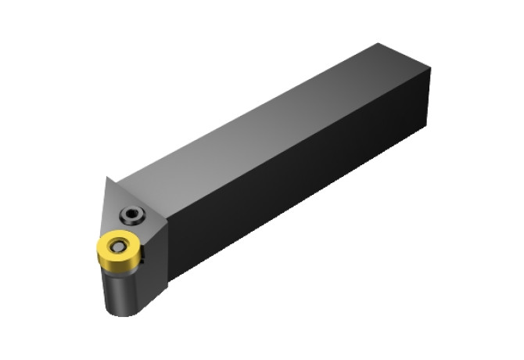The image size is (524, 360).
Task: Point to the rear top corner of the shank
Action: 378,44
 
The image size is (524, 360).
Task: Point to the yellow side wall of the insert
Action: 113,261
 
